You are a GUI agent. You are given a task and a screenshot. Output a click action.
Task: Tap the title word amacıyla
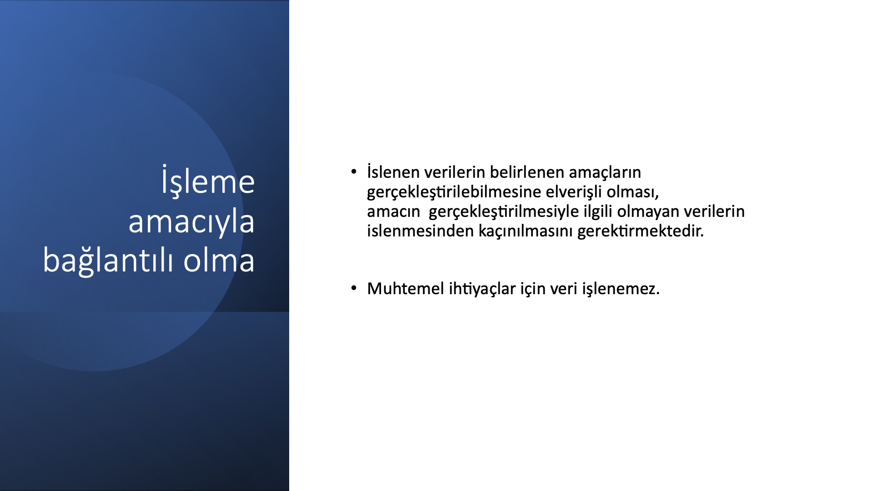(x=191, y=222)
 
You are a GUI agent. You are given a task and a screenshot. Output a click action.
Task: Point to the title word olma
(x=219, y=261)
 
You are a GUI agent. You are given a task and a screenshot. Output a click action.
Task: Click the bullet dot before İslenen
(x=354, y=172)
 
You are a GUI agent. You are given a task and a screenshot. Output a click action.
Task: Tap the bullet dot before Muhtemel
(x=354, y=288)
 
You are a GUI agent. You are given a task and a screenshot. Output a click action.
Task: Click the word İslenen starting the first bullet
(x=393, y=172)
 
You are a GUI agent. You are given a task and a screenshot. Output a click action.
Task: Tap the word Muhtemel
(x=406, y=289)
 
